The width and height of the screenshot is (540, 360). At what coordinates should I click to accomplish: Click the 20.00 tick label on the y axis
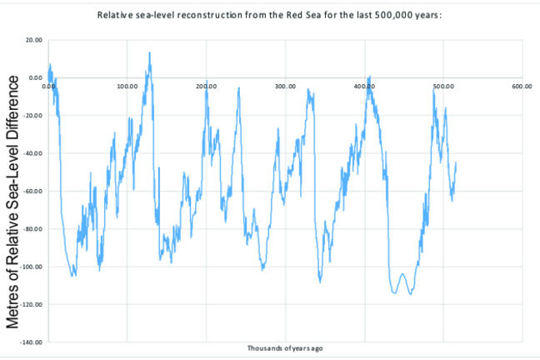34,40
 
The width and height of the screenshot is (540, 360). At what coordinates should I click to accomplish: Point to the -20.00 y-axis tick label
33,116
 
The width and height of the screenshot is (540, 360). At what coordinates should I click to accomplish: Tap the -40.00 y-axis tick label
33,153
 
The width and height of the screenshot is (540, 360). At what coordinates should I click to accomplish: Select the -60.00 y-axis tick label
33,192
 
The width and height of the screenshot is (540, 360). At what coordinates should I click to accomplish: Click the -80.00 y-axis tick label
33,229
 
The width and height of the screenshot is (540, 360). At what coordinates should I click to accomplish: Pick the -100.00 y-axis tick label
32,267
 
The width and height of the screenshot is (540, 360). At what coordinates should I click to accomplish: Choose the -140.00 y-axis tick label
32,342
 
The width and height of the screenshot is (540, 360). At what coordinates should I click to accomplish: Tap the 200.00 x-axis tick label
207,86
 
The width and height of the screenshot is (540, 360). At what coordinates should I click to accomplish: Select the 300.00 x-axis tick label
286,86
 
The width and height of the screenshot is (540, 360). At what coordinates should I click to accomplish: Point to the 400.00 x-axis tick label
364,86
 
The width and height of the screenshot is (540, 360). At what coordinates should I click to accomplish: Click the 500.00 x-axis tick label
443,86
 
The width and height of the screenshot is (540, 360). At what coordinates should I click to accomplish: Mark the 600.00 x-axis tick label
522,86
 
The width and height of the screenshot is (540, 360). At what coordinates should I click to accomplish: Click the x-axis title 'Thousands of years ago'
285,347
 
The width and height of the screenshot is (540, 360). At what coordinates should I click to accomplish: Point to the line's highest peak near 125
149,52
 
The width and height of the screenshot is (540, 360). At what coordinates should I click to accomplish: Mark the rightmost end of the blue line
456,163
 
